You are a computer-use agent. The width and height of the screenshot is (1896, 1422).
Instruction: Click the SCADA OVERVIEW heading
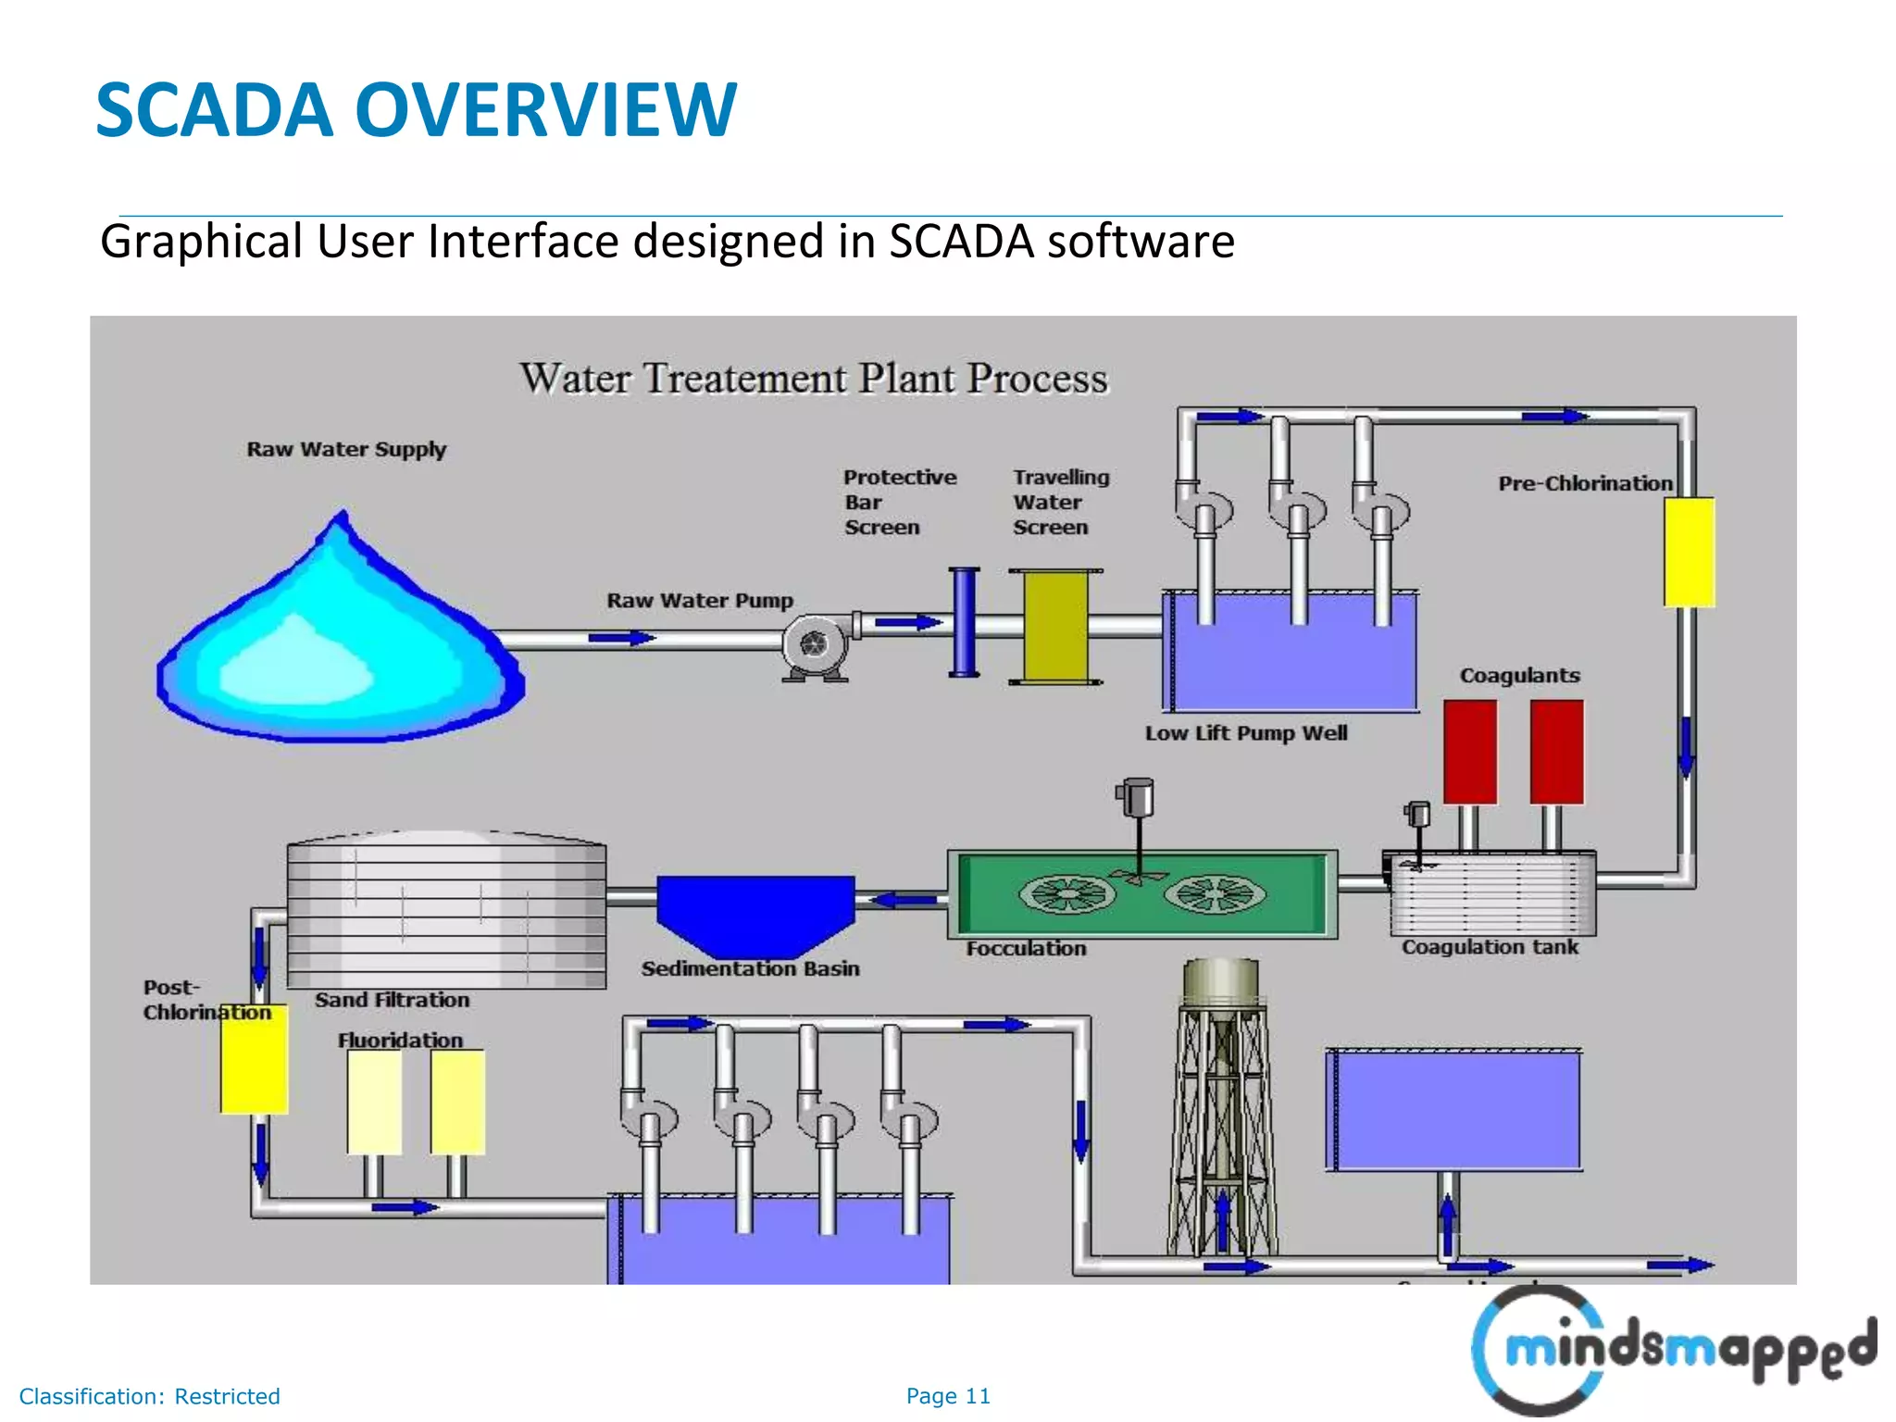(x=417, y=110)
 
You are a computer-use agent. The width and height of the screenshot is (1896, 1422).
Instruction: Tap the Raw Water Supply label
(x=346, y=450)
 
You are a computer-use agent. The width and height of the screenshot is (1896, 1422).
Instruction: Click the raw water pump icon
(x=815, y=644)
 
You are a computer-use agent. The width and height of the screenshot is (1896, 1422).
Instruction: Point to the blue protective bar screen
(x=964, y=622)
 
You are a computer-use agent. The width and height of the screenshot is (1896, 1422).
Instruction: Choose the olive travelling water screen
(x=1055, y=627)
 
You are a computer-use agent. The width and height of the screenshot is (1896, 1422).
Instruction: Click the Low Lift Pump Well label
(x=1246, y=733)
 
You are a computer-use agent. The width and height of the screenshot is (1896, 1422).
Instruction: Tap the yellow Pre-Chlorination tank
(x=1689, y=553)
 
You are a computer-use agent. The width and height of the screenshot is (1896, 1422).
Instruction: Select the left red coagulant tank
(x=1470, y=752)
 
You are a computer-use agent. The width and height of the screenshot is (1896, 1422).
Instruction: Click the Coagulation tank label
(x=1490, y=947)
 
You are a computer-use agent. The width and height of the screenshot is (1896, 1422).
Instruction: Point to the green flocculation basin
(x=1142, y=894)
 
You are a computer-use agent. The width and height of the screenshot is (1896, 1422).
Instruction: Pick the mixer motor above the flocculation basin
(x=1137, y=797)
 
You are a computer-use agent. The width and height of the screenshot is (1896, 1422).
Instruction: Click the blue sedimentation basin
(x=755, y=912)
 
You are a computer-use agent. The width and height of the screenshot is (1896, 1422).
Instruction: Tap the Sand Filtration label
(x=392, y=1000)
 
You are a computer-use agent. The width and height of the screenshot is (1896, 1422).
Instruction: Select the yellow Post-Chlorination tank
(x=254, y=1060)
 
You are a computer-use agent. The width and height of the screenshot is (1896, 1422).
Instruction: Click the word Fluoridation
(x=400, y=1041)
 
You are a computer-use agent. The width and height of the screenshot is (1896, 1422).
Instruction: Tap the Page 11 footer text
(x=948, y=1396)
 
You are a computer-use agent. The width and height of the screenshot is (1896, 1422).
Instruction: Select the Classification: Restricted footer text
(x=150, y=1396)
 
